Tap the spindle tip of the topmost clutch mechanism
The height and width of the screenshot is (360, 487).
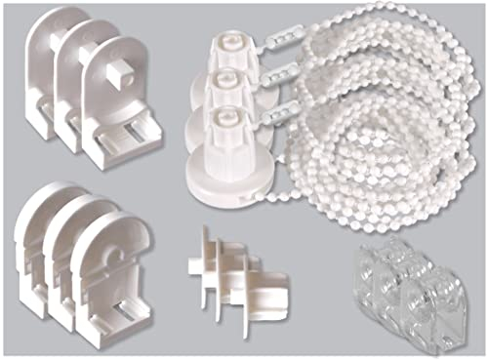(x=225, y=41)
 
